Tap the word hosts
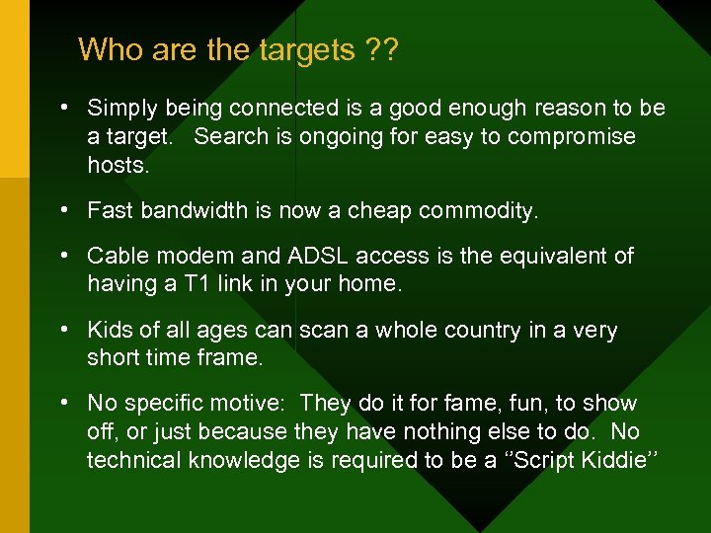pos(118,165)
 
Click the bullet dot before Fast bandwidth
pos(62,210)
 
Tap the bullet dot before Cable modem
pos(62,256)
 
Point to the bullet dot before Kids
pos(62,330)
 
